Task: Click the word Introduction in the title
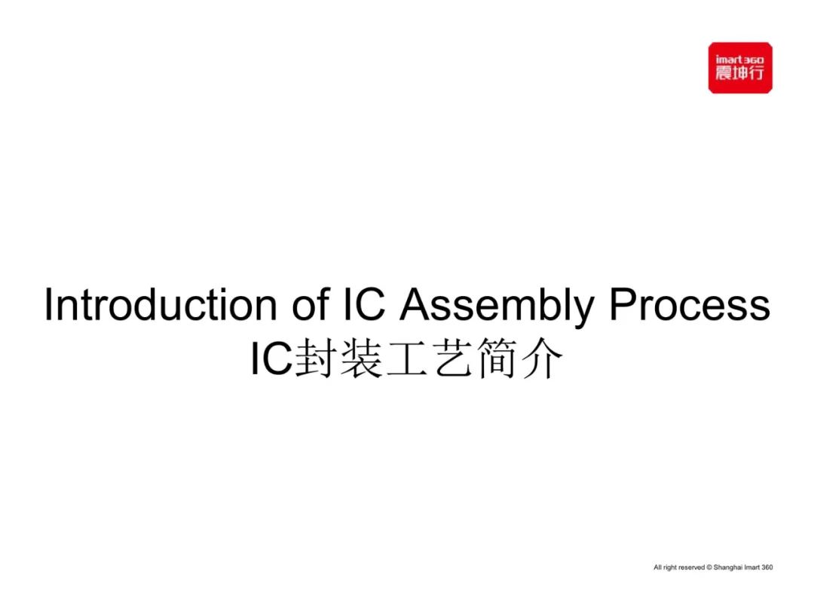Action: [x=161, y=304]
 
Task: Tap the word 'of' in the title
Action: [x=310, y=304]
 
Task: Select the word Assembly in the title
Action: [x=497, y=307]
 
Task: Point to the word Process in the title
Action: [x=690, y=304]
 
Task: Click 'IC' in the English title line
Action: [x=365, y=304]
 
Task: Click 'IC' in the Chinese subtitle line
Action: [x=271, y=358]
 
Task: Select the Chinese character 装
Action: [x=360, y=358]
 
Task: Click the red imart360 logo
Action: [x=740, y=68]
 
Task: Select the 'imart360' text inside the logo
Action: [x=740, y=59]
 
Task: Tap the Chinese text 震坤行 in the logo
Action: [x=740, y=73]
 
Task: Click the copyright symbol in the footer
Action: [x=709, y=568]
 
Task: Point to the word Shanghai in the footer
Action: [x=728, y=568]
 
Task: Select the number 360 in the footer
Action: [x=767, y=568]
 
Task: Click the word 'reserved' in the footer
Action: [x=691, y=568]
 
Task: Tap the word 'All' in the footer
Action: [x=658, y=568]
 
